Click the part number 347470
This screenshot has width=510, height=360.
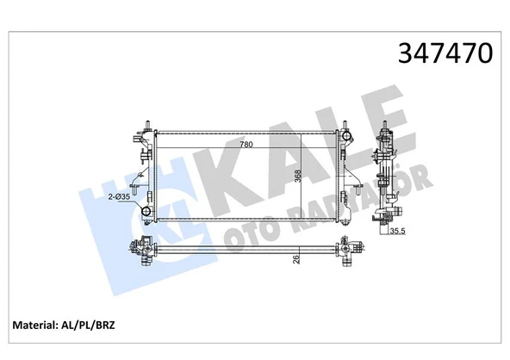(443, 53)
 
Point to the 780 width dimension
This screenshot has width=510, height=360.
(246, 144)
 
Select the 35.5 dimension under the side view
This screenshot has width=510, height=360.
(398, 230)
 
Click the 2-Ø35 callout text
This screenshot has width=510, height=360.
(120, 197)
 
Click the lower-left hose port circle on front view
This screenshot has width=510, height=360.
(147, 211)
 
